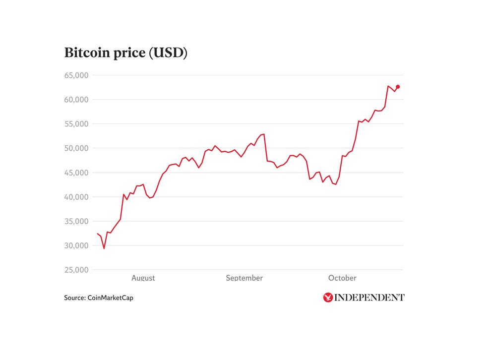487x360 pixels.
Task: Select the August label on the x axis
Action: tap(143, 278)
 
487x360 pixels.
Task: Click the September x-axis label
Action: tap(244, 278)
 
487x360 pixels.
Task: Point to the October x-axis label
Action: tap(342, 278)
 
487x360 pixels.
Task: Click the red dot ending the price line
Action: tap(398, 87)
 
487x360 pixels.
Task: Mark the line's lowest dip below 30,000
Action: tap(104, 248)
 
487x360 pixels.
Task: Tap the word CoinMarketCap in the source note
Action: tap(110, 298)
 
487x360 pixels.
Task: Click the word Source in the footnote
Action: tap(74, 298)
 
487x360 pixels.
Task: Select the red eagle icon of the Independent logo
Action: tap(327, 298)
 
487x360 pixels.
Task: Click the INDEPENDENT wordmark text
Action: tap(369, 298)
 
